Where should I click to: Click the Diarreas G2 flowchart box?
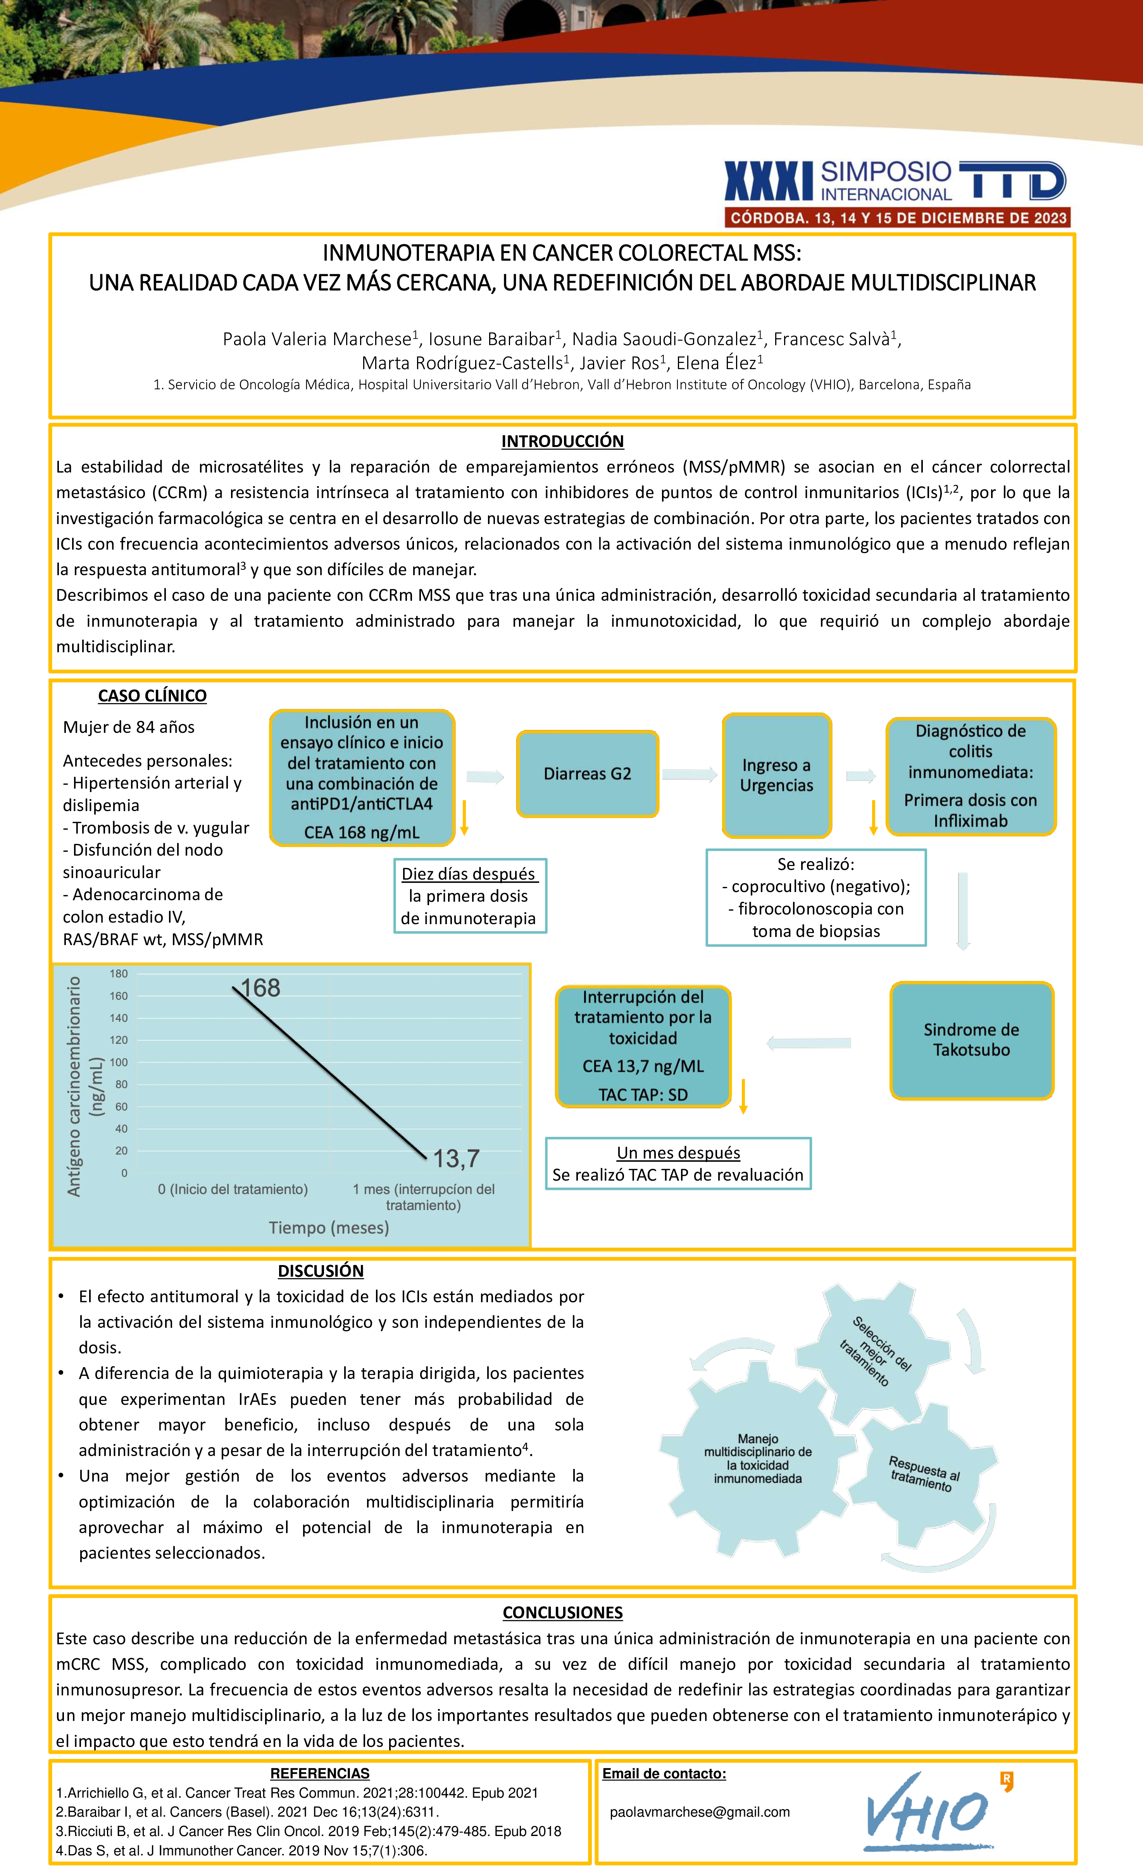tap(588, 774)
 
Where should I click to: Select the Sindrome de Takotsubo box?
tap(971, 1040)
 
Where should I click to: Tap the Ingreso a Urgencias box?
tap(776, 775)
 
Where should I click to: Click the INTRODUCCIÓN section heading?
tap(562, 441)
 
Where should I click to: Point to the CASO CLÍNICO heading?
tap(152, 696)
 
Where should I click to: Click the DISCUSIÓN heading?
tap(321, 1270)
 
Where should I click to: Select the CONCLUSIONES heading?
tap(562, 1613)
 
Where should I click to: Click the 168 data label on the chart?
tap(260, 988)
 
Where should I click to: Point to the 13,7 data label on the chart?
tap(456, 1158)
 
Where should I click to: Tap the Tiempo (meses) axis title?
tap(329, 1227)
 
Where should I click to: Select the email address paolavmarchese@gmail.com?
tap(700, 1812)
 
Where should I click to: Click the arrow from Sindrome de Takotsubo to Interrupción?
tap(809, 1044)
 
